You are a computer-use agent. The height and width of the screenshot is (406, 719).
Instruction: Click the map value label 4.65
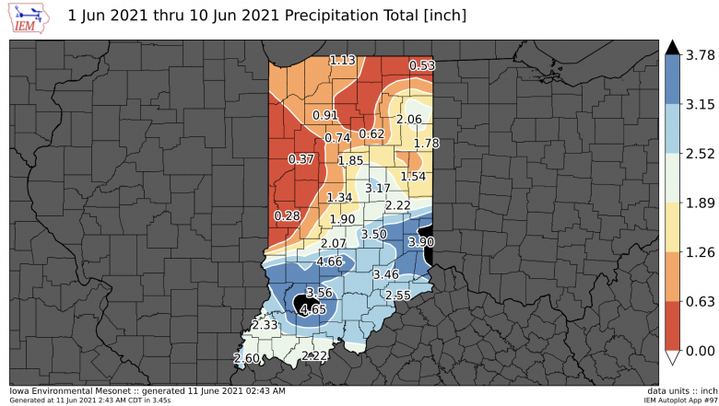click(x=313, y=309)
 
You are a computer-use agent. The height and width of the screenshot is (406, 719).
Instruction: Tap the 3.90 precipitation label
click(x=421, y=241)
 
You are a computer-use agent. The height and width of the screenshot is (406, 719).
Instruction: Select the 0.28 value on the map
click(x=288, y=215)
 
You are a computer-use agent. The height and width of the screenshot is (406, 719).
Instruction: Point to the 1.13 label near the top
click(x=343, y=60)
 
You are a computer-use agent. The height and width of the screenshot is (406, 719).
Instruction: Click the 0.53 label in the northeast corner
click(x=422, y=65)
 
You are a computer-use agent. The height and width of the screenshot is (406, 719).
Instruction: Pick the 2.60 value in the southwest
click(x=247, y=358)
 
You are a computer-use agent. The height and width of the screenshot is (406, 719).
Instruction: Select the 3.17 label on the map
click(x=379, y=188)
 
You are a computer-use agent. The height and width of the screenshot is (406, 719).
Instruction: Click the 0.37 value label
click(x=301, y=158)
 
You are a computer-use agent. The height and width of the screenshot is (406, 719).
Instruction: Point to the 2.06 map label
click(x=408, y=120)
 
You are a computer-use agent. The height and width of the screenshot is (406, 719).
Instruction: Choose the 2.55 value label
click(x=397, y=296)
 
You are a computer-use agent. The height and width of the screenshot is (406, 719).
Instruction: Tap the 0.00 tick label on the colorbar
click(x=701, y=351)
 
